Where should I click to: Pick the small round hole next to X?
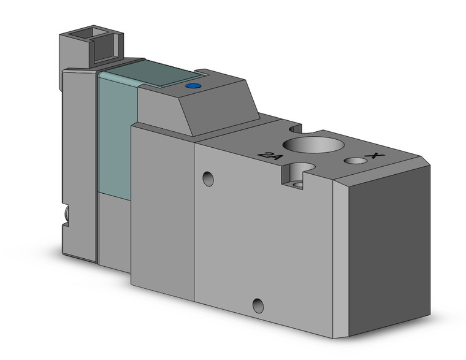[x=354, y=161]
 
